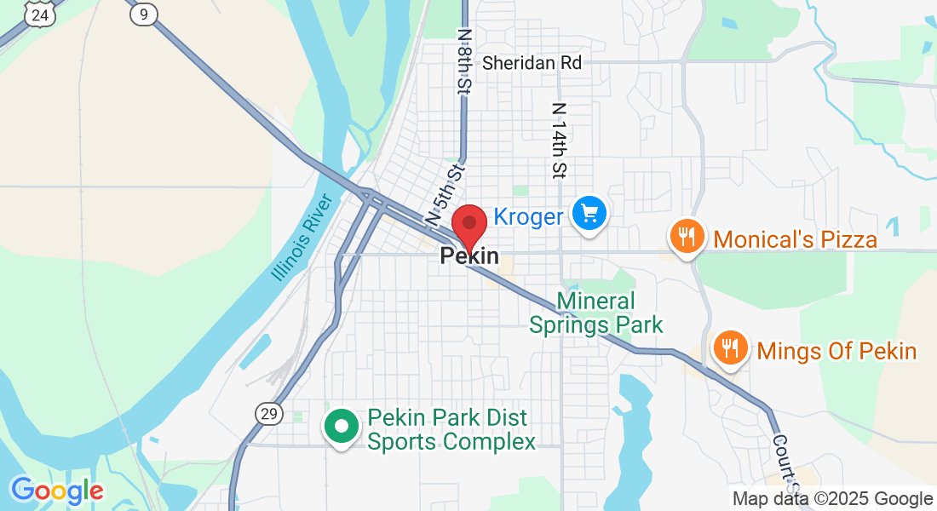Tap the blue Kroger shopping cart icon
pyautogui.click(x=589, y=213)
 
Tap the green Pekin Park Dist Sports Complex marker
pyautogui.click(x=342, y=426)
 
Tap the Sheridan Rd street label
pyautogui.click(x=532, y=63)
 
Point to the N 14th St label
pyautogui.click(x=560, y=141)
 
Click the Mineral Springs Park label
pyautogui.click(x=596, y=313)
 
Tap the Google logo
pyautogui.click(x=57, y=491)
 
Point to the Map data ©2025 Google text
pyautogui.click(x=832, y=499)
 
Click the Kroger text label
pyautogui.click(x=529, y=217)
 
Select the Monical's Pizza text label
pyautogui.click(x=796, y=239)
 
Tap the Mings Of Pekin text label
pyautogui.click(x=836, y=351)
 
